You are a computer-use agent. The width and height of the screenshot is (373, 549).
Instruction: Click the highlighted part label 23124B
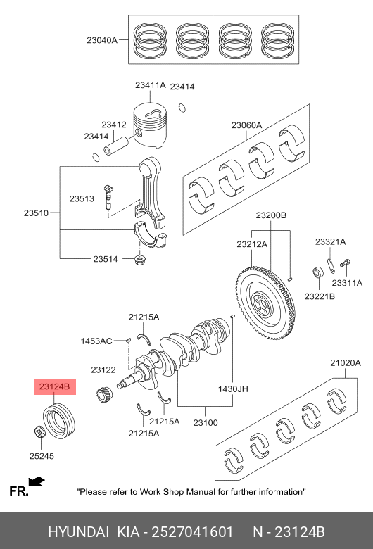click(55, 386)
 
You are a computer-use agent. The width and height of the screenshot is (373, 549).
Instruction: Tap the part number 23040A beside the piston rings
click(102, 40)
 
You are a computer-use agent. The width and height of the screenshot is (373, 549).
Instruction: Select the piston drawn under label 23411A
click(150, 125)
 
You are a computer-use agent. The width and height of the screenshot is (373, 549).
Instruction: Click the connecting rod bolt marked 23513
click(108, 197)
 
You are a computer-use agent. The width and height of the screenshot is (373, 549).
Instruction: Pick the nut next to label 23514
click(140, 260)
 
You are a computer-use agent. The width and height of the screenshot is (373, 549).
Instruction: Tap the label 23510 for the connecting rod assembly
click(36, 213)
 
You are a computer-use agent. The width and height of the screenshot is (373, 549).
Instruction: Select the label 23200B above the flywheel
click(271, 215)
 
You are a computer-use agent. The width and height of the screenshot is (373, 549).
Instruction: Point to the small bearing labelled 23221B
click(318, 272)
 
